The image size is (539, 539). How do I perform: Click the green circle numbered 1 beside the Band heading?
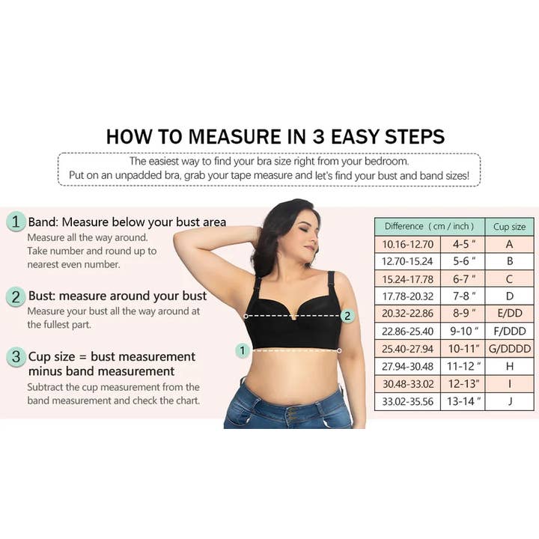pos(16,222)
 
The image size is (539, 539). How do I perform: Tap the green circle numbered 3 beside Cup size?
pos(16,356)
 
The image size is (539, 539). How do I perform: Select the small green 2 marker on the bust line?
pos(347,316)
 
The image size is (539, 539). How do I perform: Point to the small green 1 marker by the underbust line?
pos(243,350)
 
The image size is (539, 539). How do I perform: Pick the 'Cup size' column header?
pos(510,227)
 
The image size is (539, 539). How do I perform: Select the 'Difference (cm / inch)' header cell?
pos(430,227)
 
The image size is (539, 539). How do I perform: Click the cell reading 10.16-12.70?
pos(408,244)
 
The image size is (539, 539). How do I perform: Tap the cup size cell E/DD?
pos(510,313)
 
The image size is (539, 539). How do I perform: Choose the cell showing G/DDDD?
pos(510,349)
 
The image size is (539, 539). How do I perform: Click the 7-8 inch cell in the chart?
pos(463,296)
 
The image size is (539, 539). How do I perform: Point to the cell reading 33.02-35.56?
pos(408,401)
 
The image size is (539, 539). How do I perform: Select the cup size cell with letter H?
pos(510,366)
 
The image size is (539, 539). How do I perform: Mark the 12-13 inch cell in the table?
pos(463,383)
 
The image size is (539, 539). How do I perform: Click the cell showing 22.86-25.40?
pos(408,332)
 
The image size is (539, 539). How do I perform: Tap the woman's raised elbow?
pos(180,238)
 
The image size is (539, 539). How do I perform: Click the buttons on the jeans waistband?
pos(293,415)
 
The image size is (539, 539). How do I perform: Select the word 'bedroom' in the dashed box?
pos(387,161)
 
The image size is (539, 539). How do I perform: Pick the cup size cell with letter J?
pos(510,401)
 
